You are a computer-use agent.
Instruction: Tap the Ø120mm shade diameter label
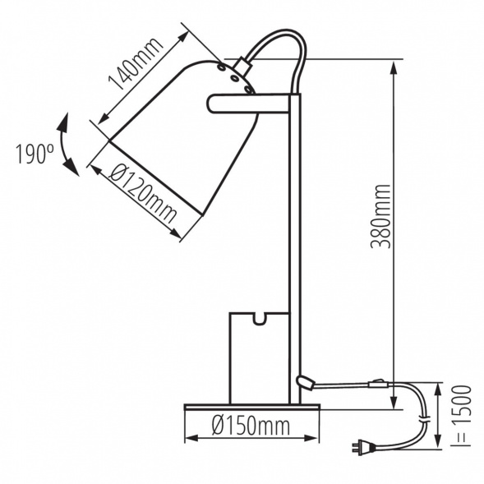(141, 195)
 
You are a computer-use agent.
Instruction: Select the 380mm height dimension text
(379, 215)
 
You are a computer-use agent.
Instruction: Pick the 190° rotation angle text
(34, 154)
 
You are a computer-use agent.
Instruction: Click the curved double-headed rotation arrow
(67, 145)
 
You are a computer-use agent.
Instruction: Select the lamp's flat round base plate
(251, 406)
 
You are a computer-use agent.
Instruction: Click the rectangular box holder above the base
(258, 357)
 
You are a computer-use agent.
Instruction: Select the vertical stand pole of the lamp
(295, 247)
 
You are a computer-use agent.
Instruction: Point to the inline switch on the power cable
(379, 383)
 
